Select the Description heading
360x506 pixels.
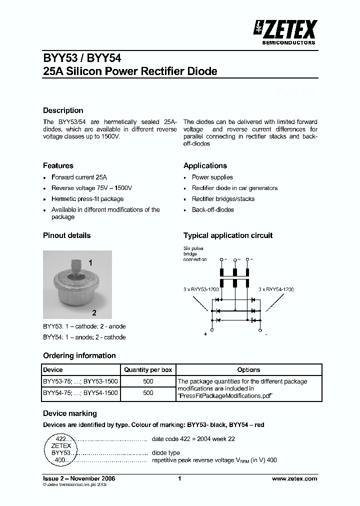(x=63, y=110)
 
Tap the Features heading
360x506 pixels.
(x=58, y=165)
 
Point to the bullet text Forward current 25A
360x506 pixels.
(x=79, y=177)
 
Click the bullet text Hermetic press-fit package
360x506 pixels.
(x=87, y=199)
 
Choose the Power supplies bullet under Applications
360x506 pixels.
(x=212, y=177)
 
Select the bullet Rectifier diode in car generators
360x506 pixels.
(x=234, y=188)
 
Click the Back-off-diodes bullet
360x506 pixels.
(x=212, y=210)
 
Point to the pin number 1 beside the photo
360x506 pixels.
(x=90, y=262)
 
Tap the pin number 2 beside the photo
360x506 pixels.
(x=93, y=313)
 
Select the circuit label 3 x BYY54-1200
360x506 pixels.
(x=276, y=289)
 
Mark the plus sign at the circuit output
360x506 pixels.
(x=205, y=334)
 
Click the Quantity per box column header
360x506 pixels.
(x=148, y=370)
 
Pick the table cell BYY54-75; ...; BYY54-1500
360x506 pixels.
(x=80, y=393)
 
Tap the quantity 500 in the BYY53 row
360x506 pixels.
(x=148, y=381)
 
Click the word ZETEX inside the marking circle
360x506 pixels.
(x=61, y=445)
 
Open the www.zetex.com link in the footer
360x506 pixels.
(x=294, y=478)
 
